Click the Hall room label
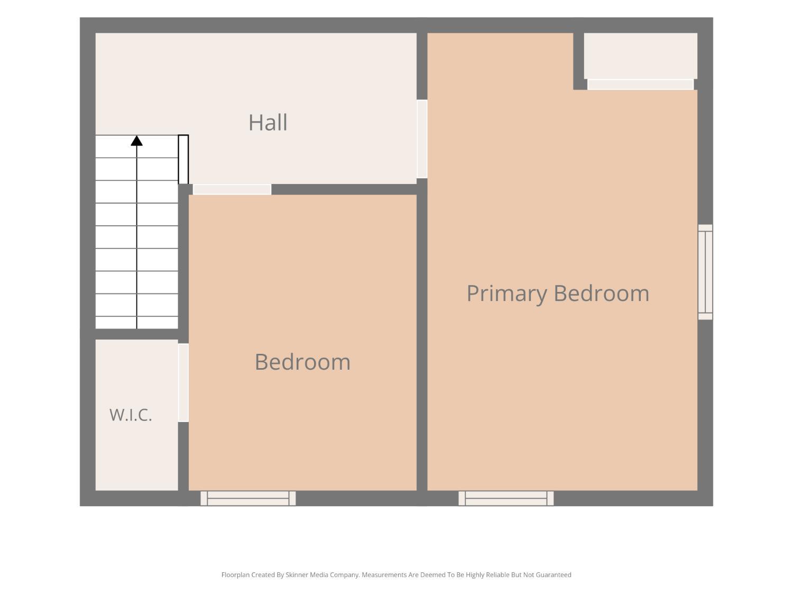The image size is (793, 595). coord(268,123)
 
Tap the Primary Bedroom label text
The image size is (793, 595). coord(558,294)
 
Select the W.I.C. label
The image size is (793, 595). coord(131,415)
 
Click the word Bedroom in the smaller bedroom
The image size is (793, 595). coord(302,362)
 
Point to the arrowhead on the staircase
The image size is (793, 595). coord(136,141)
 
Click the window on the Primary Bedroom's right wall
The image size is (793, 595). coord(705,272)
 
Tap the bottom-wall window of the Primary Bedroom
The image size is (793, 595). coord(506,498)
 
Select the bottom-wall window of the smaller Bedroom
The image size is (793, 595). coord(248,498)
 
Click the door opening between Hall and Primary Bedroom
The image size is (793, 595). coord(422,139)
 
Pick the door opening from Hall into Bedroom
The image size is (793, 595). coord(232,189)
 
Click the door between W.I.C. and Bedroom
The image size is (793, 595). coord(183,382)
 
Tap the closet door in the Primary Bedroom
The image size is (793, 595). coord(641,85)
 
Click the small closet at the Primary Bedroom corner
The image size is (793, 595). coord(641,56)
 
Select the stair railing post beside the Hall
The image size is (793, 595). coord(183,159)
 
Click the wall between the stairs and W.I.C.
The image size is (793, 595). coord(136,334)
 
